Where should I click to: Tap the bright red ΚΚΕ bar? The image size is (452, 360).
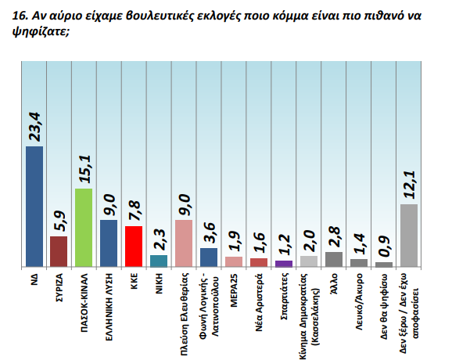(x=133, y=247)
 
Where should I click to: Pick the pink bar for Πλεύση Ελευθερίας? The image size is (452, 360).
(x=183, y=243)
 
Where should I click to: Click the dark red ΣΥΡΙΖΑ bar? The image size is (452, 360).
(x=59, y=252)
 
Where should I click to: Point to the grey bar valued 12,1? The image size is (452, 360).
(x=409, y=236)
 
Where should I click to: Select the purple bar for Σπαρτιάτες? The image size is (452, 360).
(x=284, y=264)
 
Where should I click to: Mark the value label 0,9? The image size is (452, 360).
(x=384, y=247)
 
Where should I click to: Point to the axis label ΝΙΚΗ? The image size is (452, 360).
(x=159, y=284)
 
